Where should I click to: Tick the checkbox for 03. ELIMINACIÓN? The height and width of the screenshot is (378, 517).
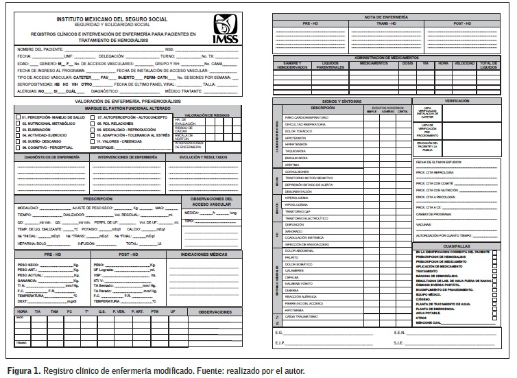19,128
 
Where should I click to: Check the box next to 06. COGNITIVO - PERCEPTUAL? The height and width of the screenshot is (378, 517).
19,147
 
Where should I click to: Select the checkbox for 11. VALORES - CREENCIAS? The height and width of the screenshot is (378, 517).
94,141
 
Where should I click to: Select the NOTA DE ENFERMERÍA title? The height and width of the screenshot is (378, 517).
382,16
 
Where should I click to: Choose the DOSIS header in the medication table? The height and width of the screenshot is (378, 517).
408,64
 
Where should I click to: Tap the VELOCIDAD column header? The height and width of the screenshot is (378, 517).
464,64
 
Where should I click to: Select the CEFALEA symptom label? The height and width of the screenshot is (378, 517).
293,276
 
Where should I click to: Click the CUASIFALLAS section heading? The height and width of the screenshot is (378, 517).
457,245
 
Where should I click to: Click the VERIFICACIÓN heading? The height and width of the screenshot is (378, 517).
457,100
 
